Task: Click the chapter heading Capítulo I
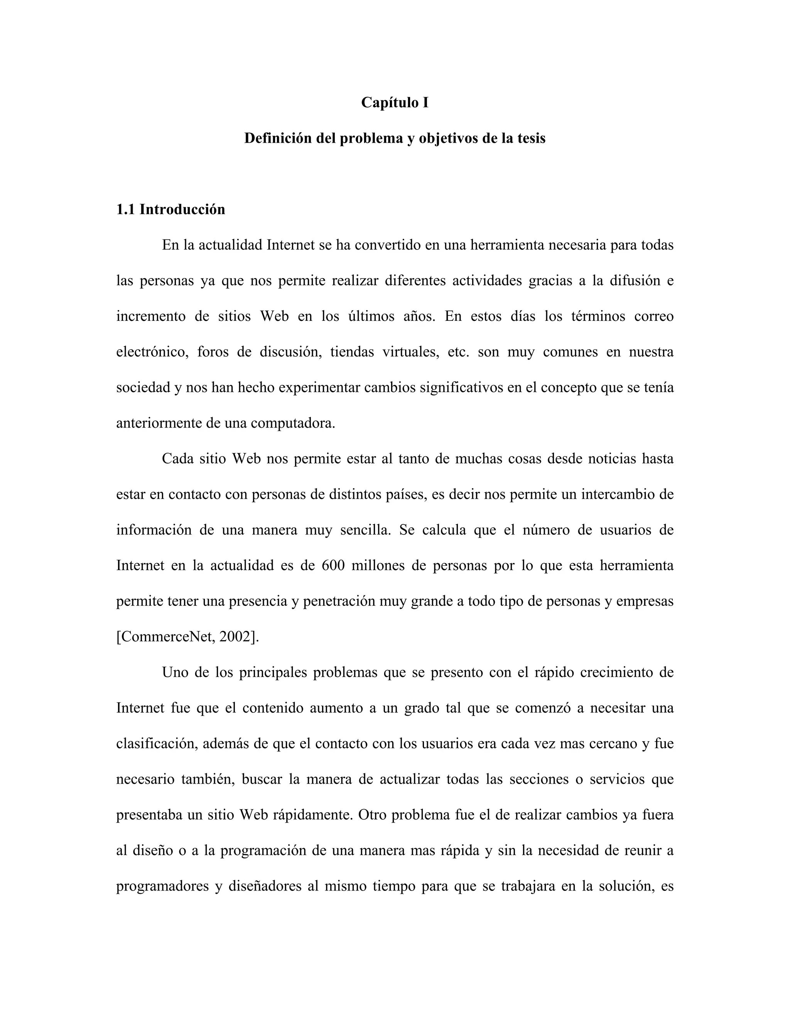pyautogui.click(x=395, y=103)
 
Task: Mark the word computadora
pyautogui.click(x=293, y=423)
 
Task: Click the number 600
pyautogui.click(x=333, y=566)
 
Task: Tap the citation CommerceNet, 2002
pyautogui.click(x=187, y=637)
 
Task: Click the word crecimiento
pyautogui.click(x=615, y=673)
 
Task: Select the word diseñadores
pyautogui.click(x=265, y=886)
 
